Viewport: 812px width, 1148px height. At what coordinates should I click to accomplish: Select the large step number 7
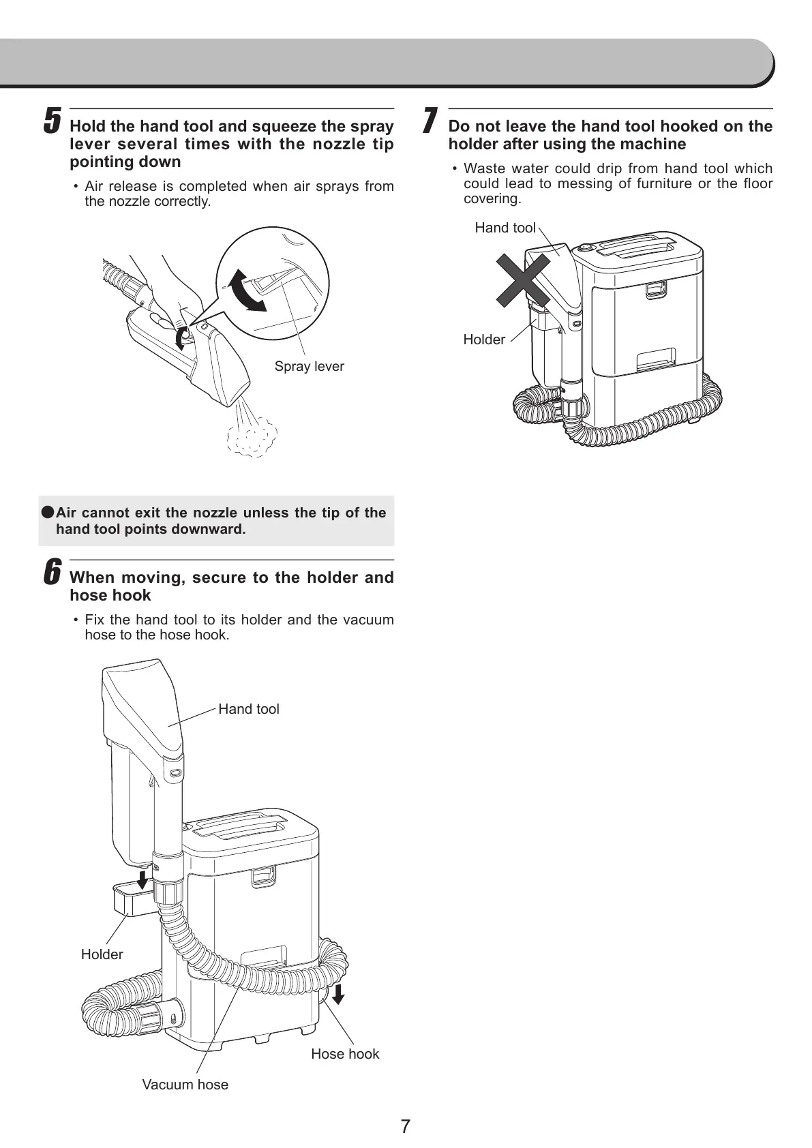point(429,121)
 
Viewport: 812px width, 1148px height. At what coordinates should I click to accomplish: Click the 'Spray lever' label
point(309,367)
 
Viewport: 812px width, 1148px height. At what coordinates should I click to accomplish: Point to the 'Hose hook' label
point(345,1054)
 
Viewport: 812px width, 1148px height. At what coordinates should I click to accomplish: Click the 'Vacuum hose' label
point(185,1085)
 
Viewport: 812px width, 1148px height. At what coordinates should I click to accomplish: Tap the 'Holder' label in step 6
point(102,954)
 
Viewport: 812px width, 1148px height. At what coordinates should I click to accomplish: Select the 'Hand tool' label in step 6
point(248,709)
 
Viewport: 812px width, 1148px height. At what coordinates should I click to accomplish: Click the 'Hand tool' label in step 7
point(505,228)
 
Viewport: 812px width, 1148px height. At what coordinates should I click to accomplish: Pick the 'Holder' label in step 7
point(484,339)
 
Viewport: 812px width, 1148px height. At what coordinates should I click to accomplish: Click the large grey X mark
point(523,280)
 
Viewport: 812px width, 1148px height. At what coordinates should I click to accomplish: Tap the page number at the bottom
point(406,1126)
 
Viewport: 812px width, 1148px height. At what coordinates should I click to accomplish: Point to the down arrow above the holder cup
point(142,879)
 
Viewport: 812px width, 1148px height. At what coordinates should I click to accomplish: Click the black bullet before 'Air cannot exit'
point(47,512)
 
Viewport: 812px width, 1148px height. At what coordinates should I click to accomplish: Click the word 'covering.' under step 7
point(492,199)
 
